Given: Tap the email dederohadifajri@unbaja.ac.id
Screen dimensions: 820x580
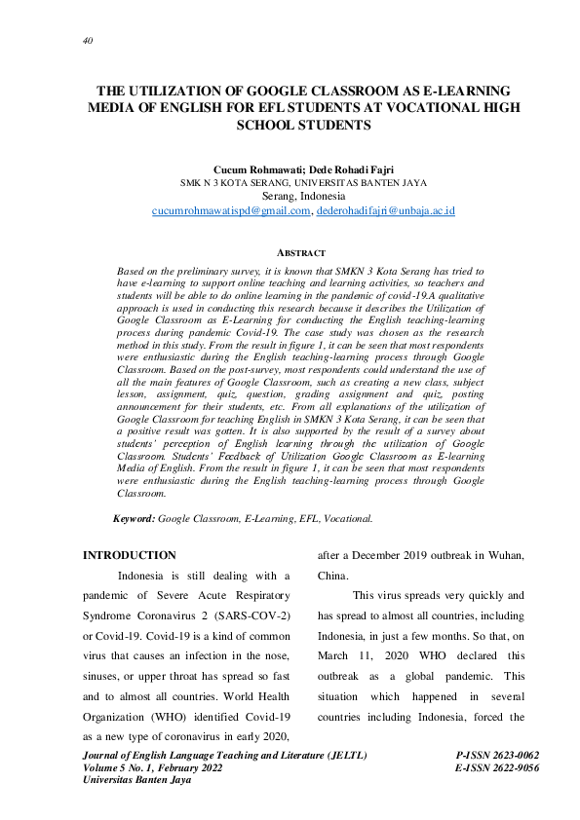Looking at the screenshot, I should click(x=359, y=210).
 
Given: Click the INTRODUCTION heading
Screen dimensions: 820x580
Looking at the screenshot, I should click(x=130, y=555).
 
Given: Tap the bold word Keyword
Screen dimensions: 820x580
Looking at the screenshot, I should click(x=135, y=520).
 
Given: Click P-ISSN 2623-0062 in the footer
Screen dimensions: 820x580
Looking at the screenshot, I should click(x=497, y=755).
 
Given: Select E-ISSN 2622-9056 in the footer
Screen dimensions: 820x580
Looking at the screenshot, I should click(x=497, y=767).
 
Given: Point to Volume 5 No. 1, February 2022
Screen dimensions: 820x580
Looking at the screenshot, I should click(x=154, y=767).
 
